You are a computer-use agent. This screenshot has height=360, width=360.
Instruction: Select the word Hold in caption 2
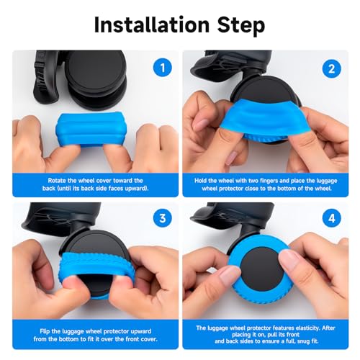coord(205,179)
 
